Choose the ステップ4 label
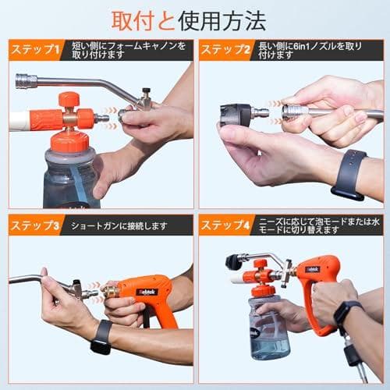224,226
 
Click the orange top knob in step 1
69,100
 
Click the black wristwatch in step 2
349,174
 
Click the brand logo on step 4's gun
312,269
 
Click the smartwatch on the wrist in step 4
344,314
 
